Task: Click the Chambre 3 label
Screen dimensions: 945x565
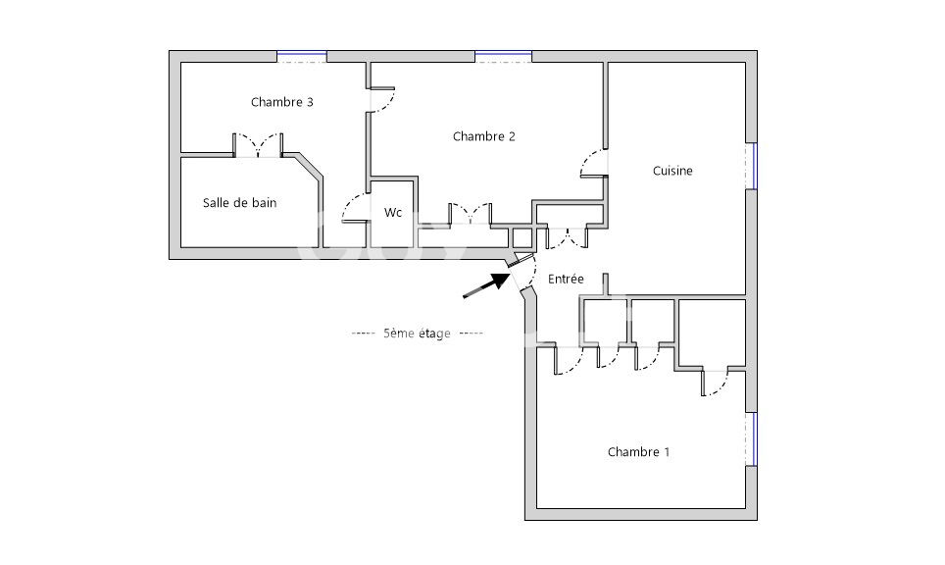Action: click(x=282, y=102)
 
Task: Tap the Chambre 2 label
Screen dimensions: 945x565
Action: click(x=484, y=136)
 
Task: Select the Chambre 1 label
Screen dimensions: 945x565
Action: click(x=638, y=451)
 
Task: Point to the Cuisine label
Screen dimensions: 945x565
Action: click(x=672, y=171)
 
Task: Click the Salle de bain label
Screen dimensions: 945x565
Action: click(x=240, y=203)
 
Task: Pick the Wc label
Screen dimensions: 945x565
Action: click(x=393, y=212)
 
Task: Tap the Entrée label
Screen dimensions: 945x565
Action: click(x=566, y=279)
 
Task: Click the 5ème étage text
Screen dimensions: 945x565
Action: click(x=417, y=333)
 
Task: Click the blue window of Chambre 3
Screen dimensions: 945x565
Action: click(x=302, y=57)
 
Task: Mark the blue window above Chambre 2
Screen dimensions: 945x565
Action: click(x=503, y=57)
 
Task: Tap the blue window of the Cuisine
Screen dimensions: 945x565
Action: click(x=752, y=166)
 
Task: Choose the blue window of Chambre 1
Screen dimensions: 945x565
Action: click(x=752, y=439)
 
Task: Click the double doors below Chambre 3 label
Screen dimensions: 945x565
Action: click(x=258, y=145)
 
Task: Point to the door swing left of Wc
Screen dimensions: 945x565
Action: click(x=355, y=208)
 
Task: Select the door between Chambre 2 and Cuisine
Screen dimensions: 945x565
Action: click(x=593, y=164)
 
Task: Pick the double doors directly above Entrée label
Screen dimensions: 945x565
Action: click(x=567, y=237)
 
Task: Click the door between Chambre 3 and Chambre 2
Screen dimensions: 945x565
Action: click(x=381, y=100)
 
